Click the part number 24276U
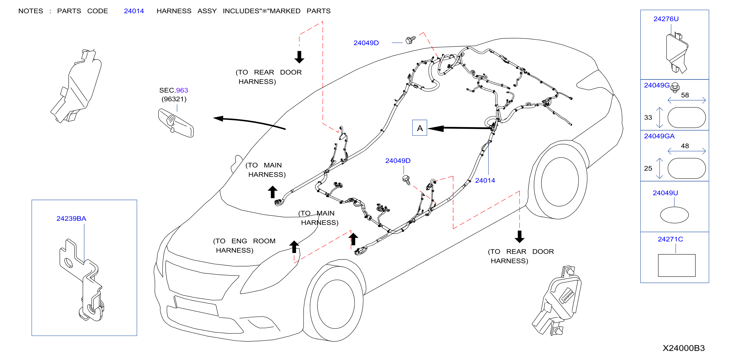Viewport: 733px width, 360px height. (666, 19)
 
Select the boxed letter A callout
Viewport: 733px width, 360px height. (420, 128)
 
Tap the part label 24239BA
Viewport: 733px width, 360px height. (71, 218)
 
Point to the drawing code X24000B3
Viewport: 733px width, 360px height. (684, 348)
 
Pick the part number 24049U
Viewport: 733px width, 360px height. (665, 193)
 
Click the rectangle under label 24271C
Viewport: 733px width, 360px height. (676, 265)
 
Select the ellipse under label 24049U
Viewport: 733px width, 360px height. (674, 215)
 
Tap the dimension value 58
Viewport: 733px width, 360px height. (685, 95)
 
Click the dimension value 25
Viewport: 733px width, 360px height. (648, 168)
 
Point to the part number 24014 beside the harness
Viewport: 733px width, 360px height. (485, 180)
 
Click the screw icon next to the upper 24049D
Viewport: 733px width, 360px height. (410, 40)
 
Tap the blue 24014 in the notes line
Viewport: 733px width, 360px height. (134, 11)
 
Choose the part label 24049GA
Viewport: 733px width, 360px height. (659, 136)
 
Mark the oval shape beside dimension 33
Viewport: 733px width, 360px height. (686, 117)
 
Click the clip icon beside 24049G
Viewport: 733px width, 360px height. (675, 87)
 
